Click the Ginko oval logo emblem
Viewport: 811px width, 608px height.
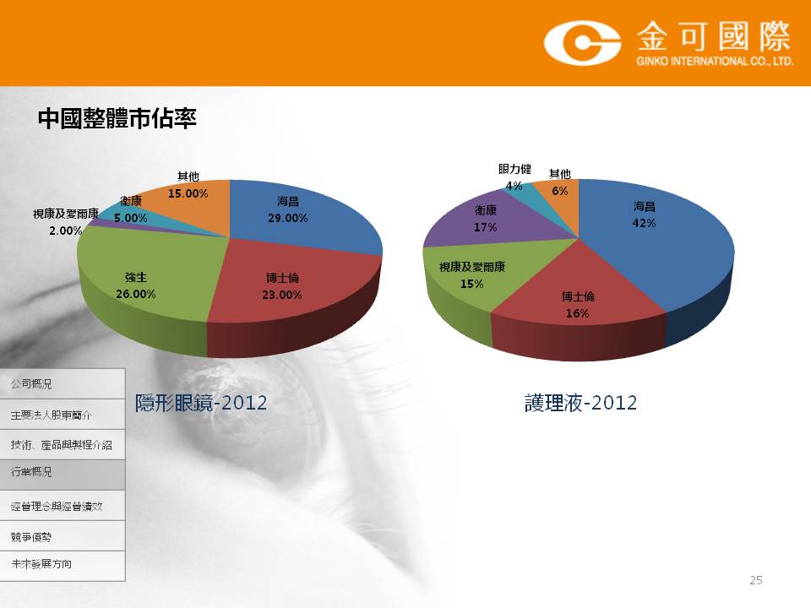click(x=582, y=42)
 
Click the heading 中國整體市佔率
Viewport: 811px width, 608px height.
click(x=117, y=118)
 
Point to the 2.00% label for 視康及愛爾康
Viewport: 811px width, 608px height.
click(x=66, y=231)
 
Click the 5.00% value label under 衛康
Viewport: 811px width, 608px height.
click(x=130, y=218)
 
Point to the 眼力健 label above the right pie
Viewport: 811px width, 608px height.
click(x=514, y=169)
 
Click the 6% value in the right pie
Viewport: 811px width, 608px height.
click(x=559, y=191)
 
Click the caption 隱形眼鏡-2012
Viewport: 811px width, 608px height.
click(x=201, y=403)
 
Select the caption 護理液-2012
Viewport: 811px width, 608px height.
click(x=581, y=403)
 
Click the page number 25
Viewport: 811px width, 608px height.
click(x=755, y=580)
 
